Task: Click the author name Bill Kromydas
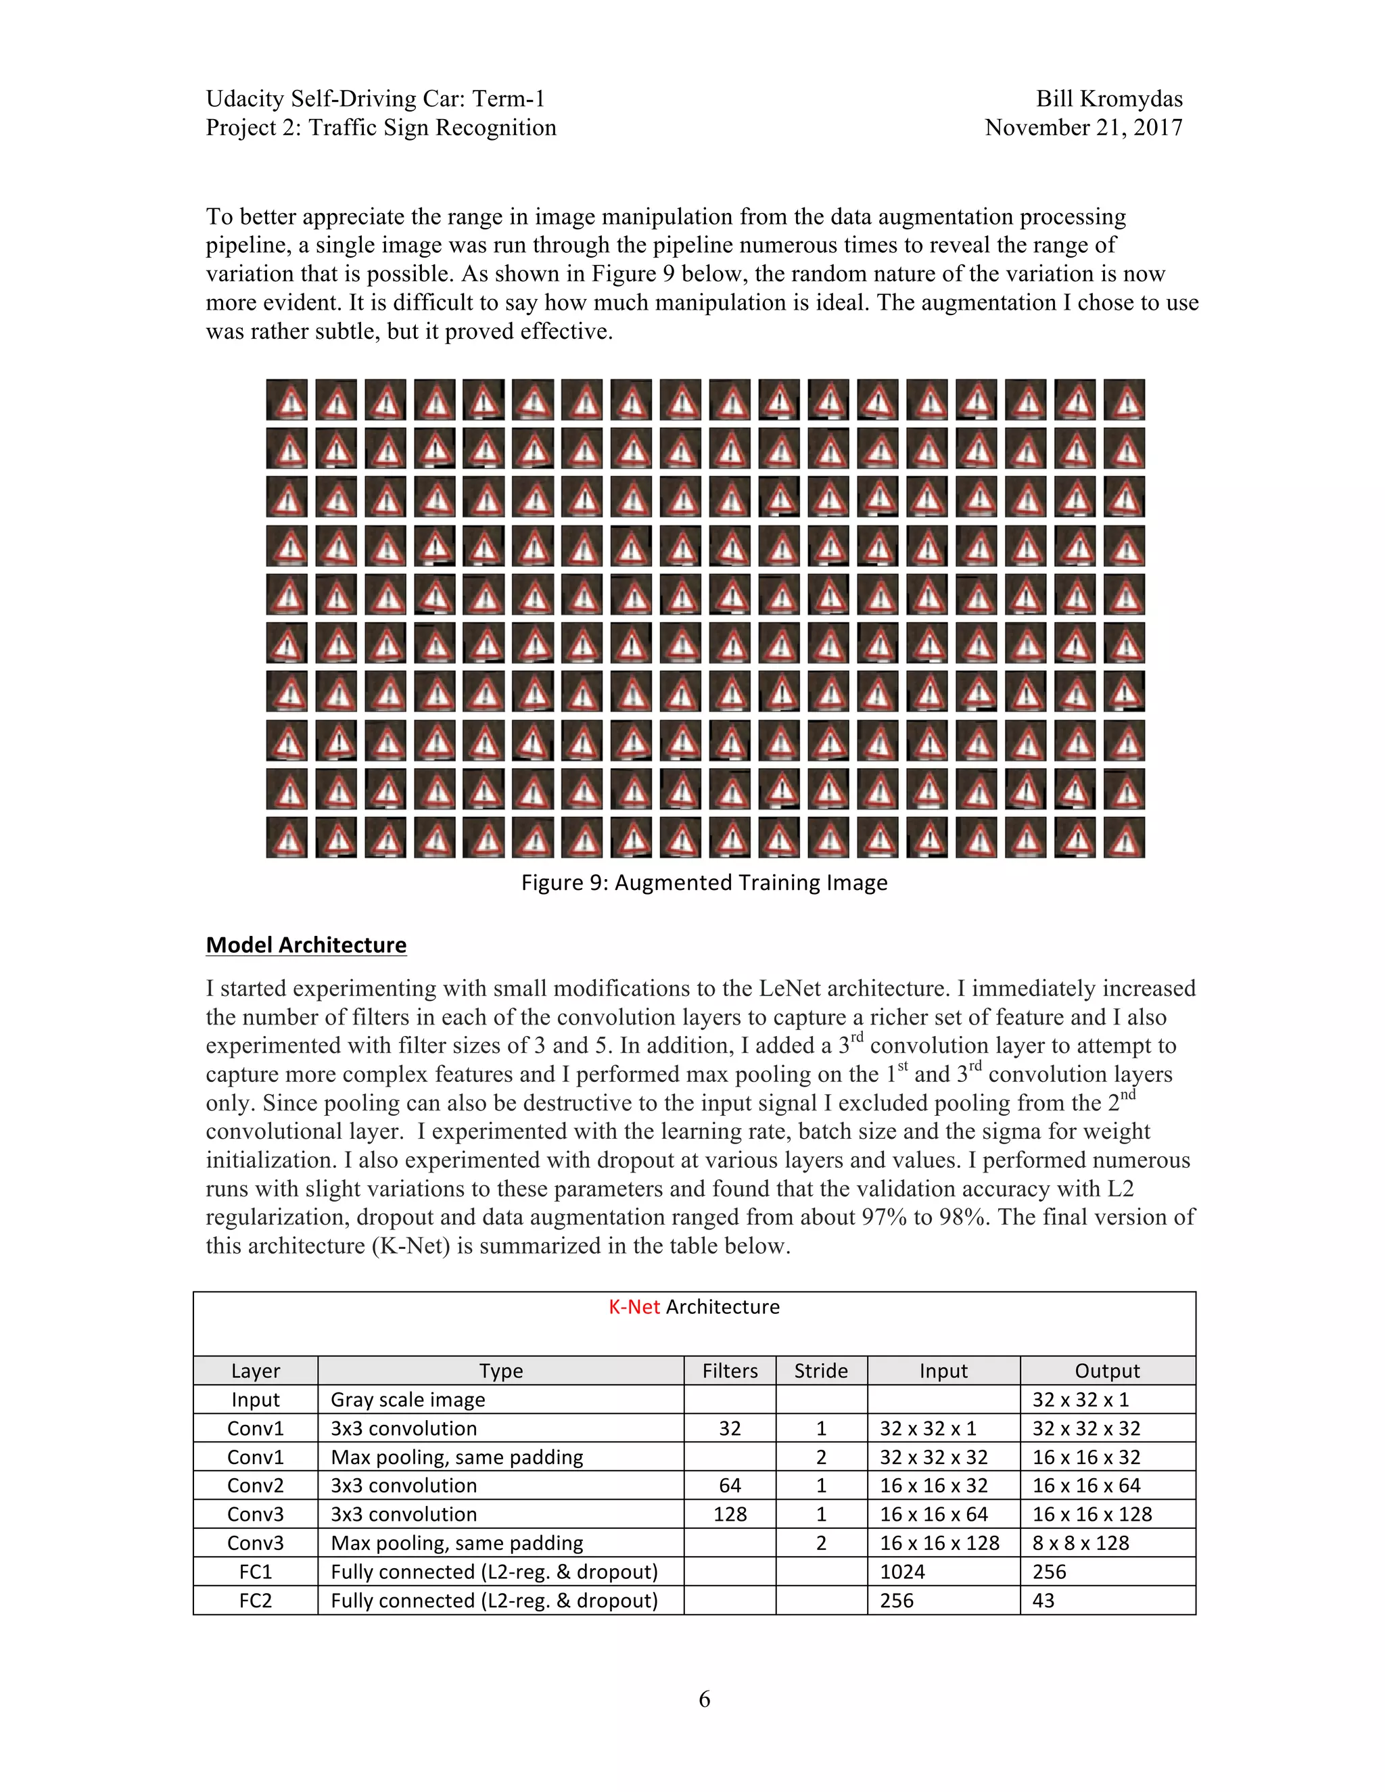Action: click(x=1108, y=99)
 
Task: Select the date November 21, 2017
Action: click(x=1083, y=128)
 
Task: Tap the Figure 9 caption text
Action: click(x=704, y=883)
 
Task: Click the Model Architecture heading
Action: click(x=306, y=945)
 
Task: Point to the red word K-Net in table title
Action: click(x=634, y=1307)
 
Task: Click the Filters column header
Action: click(x=730, y=1371)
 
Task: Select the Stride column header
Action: click(x=820, y=1371)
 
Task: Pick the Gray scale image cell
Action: click(x=408, y=1400)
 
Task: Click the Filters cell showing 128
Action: click(x=730, y=1515)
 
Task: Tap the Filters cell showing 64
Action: click(x=730, y=1486)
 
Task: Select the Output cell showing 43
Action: click(x=1043, y=1601)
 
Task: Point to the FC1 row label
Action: click(x=255, y=1572)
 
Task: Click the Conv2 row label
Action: click(x=255, y=1486)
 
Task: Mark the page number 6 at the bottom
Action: click(x=704, y=1699)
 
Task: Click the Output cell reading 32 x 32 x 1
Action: click(x=1081, y=1400)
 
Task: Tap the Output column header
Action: click(x=1107, y=1371)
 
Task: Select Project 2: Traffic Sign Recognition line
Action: click(x=381, y=128)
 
